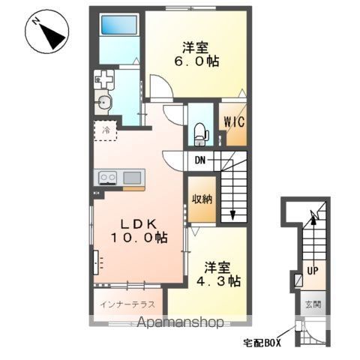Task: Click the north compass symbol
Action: (46, 31)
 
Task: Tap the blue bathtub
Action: (119, 25)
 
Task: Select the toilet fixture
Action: (201, 133)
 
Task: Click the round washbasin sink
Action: (103, 103)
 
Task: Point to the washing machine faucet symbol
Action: (103, 79)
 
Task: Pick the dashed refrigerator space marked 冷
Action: (105, 130)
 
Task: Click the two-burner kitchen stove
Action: (108, 178)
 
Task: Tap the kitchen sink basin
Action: (132, 178)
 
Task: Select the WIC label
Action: (234, 122)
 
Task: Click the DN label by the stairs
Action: (200, 160)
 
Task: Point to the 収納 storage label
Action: (202, 199)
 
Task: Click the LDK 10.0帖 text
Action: (139, 231)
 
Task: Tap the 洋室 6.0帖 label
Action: (196, 55)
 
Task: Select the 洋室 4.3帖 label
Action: (218, 274)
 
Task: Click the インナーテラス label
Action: (127, 304)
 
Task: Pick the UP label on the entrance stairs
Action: (313, 271)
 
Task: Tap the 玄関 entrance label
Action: (313, 304)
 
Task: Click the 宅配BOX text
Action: (262, 343)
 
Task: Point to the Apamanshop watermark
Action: (181, 322)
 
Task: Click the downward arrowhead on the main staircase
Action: (232, 214)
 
